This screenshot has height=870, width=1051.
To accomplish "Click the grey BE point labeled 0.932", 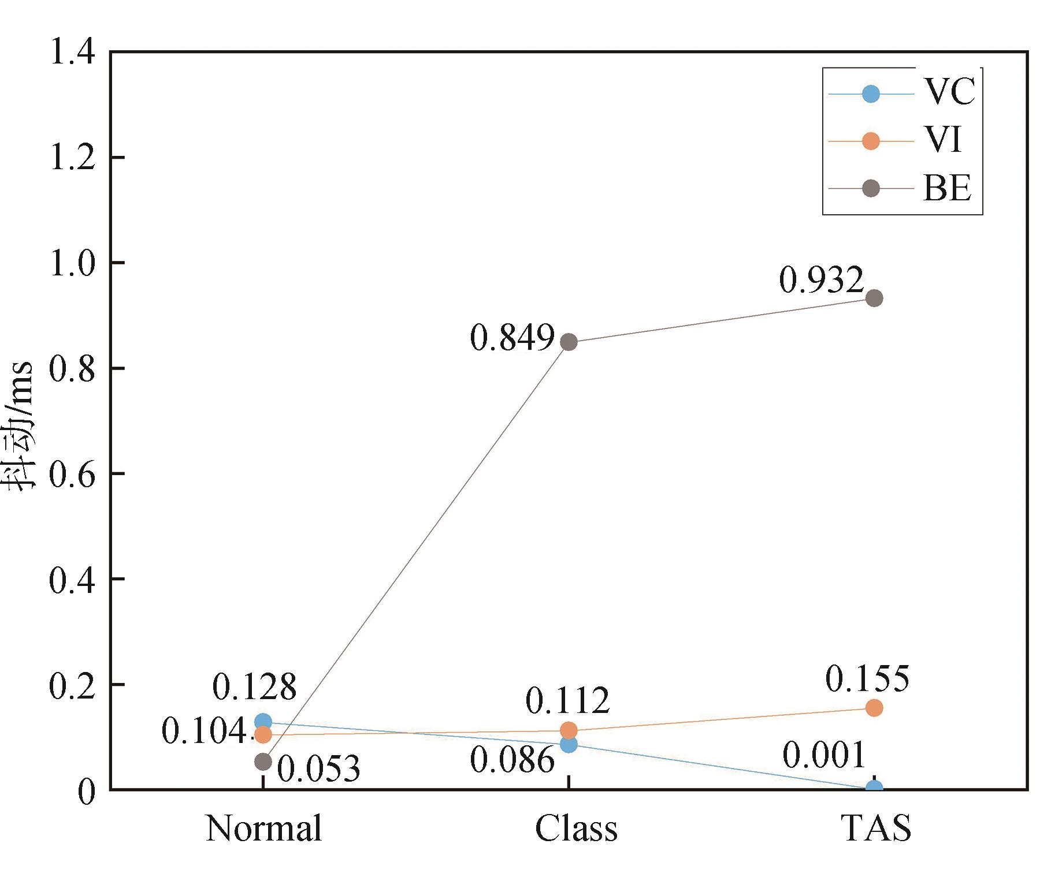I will pyautogui.click(x=874, y=298).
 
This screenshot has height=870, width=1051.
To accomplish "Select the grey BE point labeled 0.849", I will pyautogui.click(x=569, y=342).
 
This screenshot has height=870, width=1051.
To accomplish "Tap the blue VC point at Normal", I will pyautogui.click(x=263, y=722).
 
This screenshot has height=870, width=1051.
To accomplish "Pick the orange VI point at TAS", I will pyautogui.click(x=874, y=708).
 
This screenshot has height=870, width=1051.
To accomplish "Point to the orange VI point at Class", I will pyautogui.click(x=569, y=730).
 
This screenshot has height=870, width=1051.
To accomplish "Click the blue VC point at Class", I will pyautogui.click(x=569, y=745).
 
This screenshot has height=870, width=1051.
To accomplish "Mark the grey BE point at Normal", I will pyautogui.click(x=263, y=762).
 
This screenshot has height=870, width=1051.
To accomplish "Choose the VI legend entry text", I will pyautogui.click(x=942, y=140).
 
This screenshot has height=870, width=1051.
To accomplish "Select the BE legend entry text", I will pyautogui.click(x=947, y=188).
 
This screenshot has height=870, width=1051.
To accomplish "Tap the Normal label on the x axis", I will pyautogui.click(x=263, y=828).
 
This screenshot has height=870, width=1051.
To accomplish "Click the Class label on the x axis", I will pyautogui.click(x=576, y=828).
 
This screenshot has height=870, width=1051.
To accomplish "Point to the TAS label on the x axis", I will pyautogui.click(x=876, y=828).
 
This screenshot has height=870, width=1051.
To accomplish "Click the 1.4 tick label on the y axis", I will pyautogui.click(x=73, y=52).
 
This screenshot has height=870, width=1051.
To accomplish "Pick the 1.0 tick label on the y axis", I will pyautogui.click(x=73, y=263).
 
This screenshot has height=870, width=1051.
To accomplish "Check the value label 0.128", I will pyautogui.click(x=254, y=687).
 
